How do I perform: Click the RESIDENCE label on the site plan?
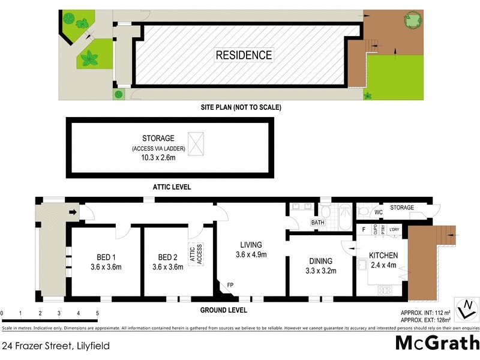tap(244, 55)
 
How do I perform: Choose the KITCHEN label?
tap(383, 255)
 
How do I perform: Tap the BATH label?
tap(317, 223)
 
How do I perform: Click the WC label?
tap(379, 212)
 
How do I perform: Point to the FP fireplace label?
tap(230, 285)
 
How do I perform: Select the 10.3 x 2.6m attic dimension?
tap(158, 157)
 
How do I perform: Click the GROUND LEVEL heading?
tap(223, 310)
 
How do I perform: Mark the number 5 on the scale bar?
tap(97, 313)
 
